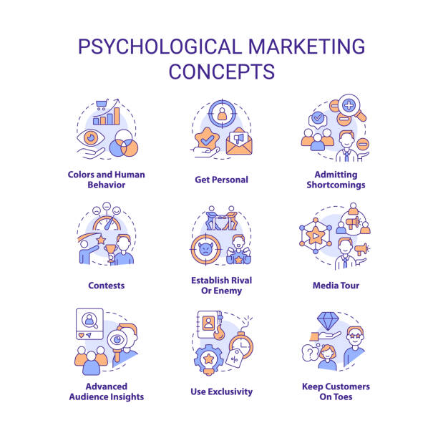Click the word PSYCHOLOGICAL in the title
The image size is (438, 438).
click(160, 47)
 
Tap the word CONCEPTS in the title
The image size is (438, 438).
click(222, 72)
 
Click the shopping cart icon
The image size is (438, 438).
click(102, 104)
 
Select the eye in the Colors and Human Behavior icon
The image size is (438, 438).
click(91, 137)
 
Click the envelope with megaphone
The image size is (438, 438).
click(239, 142)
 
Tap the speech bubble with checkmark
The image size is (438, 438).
click(318, 120)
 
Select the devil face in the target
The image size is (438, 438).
click(206, 248)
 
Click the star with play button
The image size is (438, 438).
click(316, 236)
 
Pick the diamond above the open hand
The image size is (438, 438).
click(328, 321)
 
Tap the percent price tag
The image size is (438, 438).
click(235, 358)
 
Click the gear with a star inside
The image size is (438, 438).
click(209, 359)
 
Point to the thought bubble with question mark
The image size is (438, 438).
click(310, 354)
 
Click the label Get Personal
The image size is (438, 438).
click(222, 180)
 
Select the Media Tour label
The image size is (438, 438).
click(336, 286)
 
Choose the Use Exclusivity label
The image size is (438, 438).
click(222, 391)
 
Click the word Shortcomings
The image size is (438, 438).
click(336, 185)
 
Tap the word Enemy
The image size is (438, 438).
click(228, 291)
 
